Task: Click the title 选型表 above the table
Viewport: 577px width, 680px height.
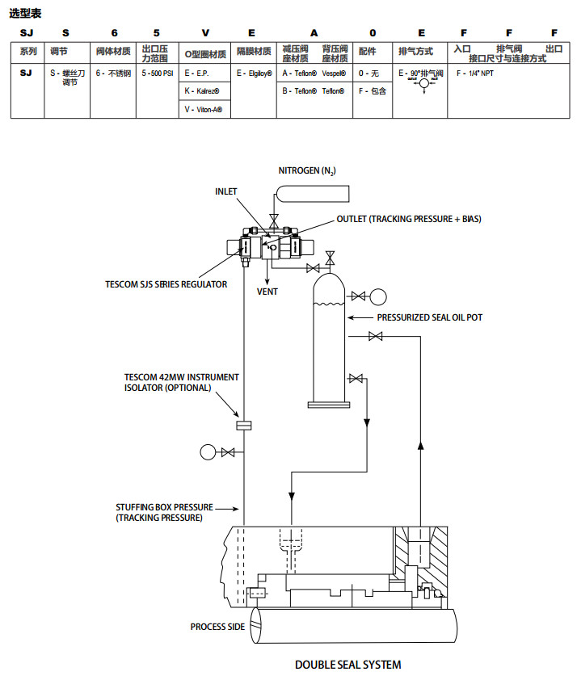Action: coord(25,14)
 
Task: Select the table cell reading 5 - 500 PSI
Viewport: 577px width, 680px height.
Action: coord(157,73)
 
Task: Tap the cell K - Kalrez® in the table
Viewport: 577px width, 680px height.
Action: coord(203,91)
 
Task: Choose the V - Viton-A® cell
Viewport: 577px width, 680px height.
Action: coord(203,109)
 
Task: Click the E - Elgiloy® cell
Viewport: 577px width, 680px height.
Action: coord(255,73)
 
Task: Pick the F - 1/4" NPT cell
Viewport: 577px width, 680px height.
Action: coord(475,73)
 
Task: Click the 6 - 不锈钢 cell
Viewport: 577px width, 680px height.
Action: coord(113,73)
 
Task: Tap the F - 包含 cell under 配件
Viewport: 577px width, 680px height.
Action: coord(373,91)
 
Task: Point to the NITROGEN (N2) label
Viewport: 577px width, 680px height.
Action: coord(307,170)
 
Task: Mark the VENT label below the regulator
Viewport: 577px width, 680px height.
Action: coord(267,292)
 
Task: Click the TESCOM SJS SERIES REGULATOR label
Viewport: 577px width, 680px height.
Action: coord(166,284)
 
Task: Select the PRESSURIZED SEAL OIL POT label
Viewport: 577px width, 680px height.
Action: coord(429,317)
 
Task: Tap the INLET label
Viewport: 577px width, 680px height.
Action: coord(227,191)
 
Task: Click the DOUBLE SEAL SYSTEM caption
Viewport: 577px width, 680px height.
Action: coord(347,665)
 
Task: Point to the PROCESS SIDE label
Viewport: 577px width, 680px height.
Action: coord(217,627)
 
